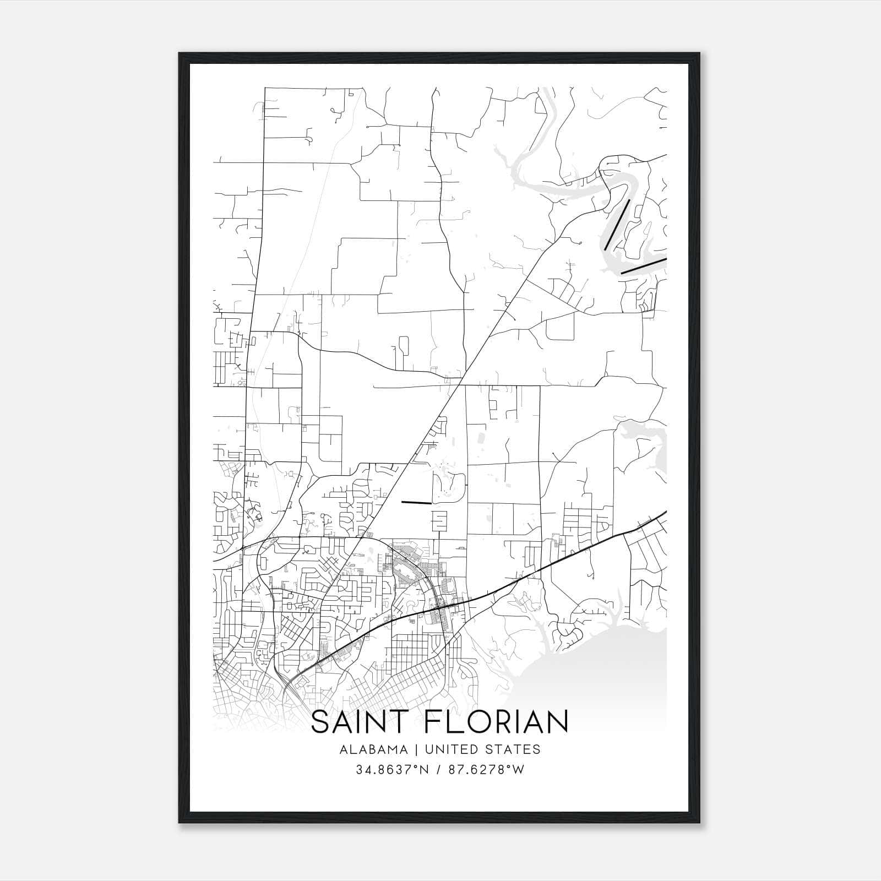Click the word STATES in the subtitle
click(x=513, y=749)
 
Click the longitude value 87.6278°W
click(x=490, y=770)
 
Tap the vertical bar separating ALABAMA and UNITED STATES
click(x=415, y=749)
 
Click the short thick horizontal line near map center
click(x=416, y=502)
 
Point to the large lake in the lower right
click(x=600, y=672)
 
